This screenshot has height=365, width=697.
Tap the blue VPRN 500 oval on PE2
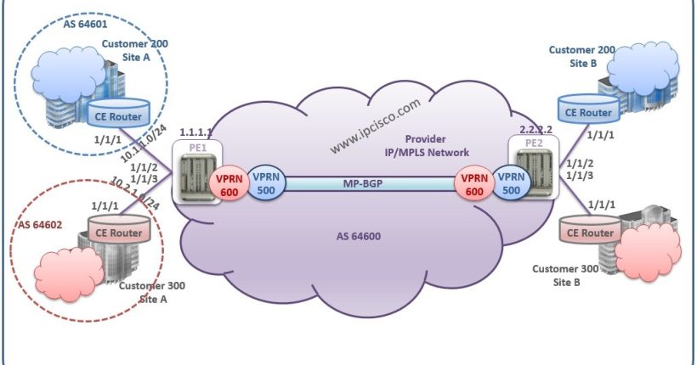coord(511,184)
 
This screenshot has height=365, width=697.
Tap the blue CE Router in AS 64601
coord(120,112)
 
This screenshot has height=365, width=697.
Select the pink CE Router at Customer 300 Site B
coord(586,232)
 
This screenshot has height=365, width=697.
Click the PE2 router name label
coord(535,143)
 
